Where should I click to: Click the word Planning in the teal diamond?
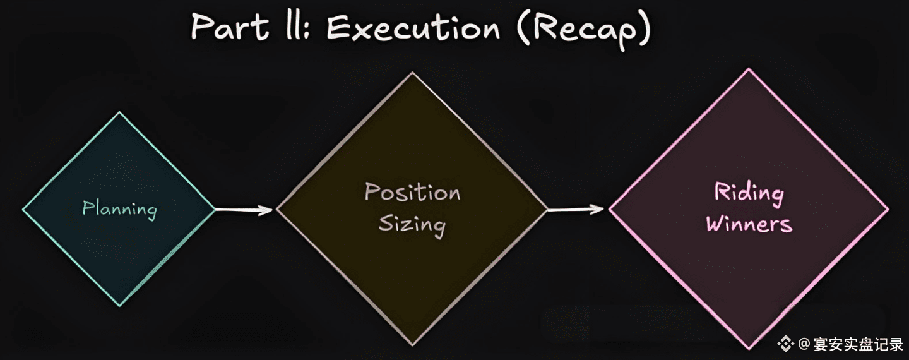coord(119,209)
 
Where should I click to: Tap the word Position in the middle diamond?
coord(412,193)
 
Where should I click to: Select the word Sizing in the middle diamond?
coord(412,225)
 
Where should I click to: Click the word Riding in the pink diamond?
coord(749,193)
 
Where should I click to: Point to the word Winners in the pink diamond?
coord(749,224)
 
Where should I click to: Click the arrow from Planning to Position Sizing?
coord(245,210)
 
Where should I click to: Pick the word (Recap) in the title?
coord(583,29)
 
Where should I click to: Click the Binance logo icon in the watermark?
coord(785,344)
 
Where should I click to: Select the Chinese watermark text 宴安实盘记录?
coord(858,344)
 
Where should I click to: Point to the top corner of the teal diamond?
coord(119,112)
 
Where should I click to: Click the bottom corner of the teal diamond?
coord(119,306)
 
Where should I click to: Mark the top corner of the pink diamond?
coord(749,69)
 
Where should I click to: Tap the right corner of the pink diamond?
coord(888,209)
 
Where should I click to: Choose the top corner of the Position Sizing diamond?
coord(412,73)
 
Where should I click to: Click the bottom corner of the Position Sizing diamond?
coord(412,345)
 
